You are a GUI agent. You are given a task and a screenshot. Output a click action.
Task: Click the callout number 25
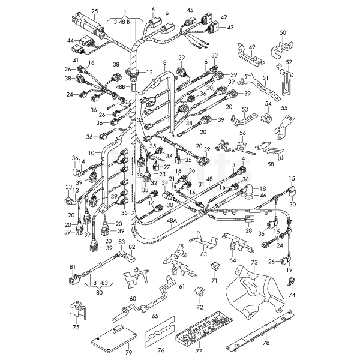[94, 11]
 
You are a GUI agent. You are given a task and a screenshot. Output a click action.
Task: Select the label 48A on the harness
[172, 221]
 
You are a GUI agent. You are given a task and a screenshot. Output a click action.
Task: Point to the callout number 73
[254, 263]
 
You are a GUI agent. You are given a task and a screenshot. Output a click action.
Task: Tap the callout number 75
[76, 328]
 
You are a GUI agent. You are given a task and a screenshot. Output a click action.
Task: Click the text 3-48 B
[122, 22]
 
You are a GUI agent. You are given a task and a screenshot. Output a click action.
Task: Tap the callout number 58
[271, 163]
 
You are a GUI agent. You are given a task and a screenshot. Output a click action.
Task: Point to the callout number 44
[71, 40]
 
